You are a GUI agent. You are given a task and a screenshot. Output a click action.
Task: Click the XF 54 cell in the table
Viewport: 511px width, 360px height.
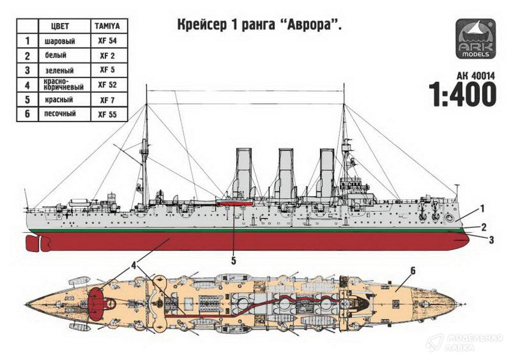coord(107,40)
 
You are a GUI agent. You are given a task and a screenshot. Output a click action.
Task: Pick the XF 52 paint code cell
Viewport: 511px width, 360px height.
coord(107,84)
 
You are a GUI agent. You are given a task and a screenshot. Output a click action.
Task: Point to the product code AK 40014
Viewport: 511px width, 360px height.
coord(471,75)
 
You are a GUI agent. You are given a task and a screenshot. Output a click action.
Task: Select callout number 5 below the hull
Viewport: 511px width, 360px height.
coord(234,261)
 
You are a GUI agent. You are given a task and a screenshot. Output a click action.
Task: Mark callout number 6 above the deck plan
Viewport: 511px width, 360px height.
coord(413,271)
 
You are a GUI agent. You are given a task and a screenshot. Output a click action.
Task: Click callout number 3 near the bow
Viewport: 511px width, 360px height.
coord(491,239)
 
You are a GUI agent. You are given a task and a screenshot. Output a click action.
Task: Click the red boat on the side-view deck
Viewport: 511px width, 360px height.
coord(235,204)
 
